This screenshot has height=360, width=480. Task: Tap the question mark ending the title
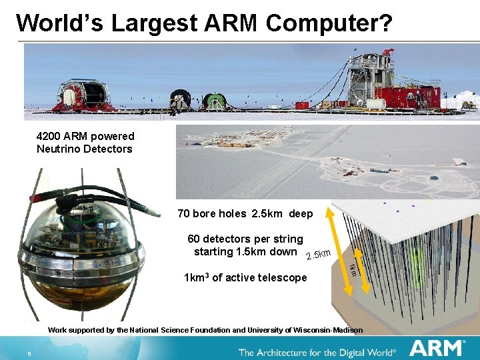click(x=385, y=23)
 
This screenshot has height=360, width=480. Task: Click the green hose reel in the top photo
click(x=214, y=101)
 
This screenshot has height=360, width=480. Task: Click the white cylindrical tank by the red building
click(x=376, y=105)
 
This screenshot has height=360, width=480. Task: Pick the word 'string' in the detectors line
click(x=287, y=239)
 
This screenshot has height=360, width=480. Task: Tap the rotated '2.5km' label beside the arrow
click(x=318, y=254)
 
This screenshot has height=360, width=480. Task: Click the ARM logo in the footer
click(x=437, y=348)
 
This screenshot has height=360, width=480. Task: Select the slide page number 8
click(x=30, y=353)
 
